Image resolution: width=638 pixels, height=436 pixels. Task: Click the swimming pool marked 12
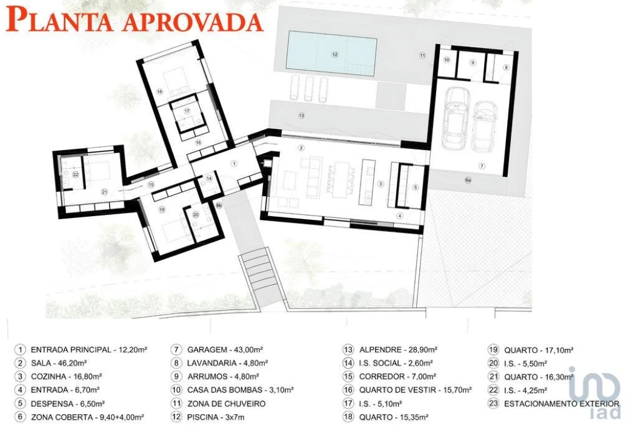[331, 54]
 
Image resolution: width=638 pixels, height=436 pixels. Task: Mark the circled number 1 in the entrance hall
[234, 163]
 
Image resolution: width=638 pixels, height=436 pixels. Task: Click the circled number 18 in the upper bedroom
[159, 91]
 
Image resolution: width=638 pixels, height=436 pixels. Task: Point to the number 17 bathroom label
[187, 111]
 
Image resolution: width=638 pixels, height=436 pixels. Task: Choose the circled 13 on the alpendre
[302, 116]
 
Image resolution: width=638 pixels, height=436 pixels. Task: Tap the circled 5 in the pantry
[416, 187]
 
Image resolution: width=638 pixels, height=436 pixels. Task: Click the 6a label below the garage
[468, 180]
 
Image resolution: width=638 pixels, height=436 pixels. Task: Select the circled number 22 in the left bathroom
[75, 175]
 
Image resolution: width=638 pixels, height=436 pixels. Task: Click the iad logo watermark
[595, 392]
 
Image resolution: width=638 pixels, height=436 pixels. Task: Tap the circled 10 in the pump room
[447, 60]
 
